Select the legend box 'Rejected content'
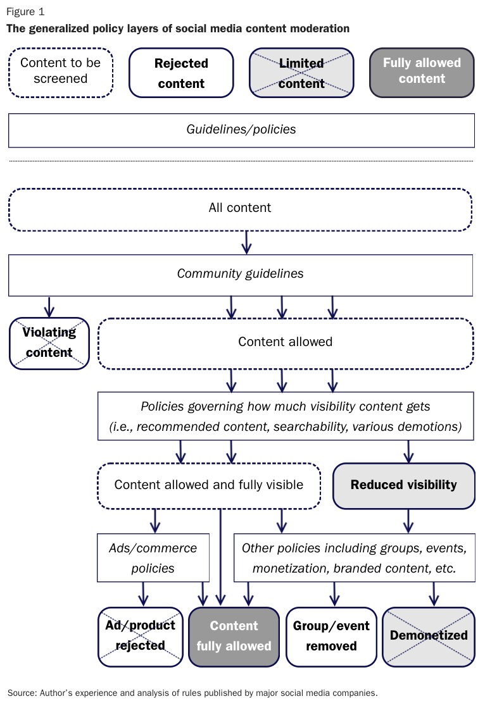point(181,73)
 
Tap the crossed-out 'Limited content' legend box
point(301,73)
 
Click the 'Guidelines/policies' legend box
point(241,130)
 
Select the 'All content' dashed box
point(240,208)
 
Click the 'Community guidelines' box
point(240,275)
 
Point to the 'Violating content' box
point(49,343)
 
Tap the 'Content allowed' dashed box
point(285,342)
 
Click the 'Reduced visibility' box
point(403,485)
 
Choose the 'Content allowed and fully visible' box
point(209,485)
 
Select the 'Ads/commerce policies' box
point(153,557)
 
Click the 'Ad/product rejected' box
point(140,636)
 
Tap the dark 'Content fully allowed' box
point(234,636)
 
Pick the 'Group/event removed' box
point(331,636)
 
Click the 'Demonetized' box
point(429,636)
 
